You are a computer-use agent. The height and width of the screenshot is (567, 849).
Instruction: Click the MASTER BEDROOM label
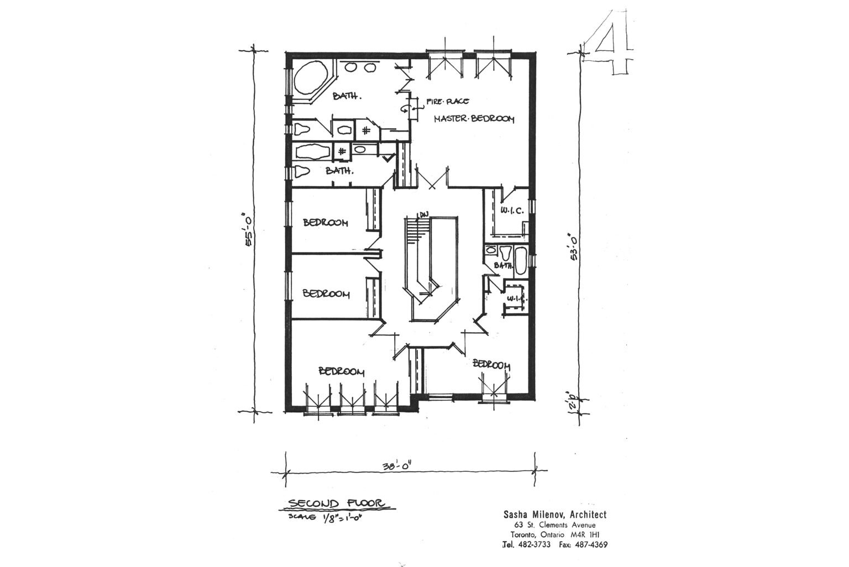[474, 119]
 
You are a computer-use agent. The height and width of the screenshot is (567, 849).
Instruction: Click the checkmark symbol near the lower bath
[389, 159]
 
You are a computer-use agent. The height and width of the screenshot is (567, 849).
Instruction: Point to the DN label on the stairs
[423, 214]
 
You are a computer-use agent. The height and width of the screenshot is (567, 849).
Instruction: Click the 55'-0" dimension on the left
[249, 231]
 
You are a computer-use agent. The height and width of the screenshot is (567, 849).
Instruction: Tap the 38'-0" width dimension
[397, 466]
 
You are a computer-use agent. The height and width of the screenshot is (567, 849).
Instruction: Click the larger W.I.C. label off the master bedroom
[512, 211]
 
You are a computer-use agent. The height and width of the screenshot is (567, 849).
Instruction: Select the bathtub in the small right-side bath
[521, 260]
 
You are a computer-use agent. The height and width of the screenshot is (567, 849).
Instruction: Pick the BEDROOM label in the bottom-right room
[491, 365]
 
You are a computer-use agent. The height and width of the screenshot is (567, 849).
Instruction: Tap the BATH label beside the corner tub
[347, 96]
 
